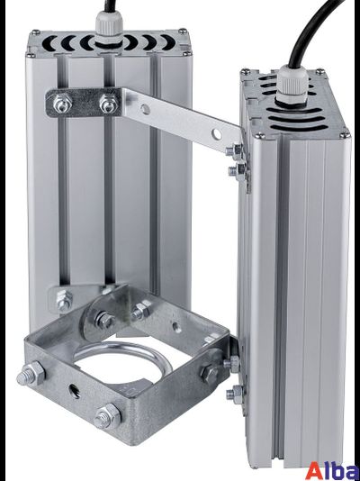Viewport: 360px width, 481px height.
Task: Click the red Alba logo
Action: [333, 470]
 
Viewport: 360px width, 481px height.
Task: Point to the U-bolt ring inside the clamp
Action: [122, 353]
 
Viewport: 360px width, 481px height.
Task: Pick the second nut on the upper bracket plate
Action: [108, 104]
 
